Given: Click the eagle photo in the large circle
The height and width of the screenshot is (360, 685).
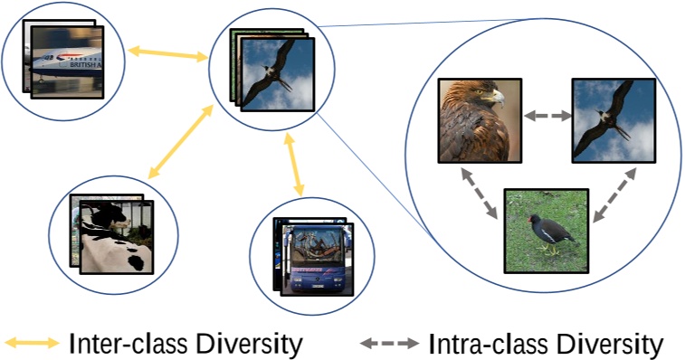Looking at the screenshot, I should pos(479,119).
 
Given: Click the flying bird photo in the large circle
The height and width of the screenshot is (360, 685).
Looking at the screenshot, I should pos(613,119).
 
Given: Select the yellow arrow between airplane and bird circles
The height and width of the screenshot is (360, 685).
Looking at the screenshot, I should pos(167,53).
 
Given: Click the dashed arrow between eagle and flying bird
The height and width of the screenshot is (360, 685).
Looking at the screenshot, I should pos(546,116).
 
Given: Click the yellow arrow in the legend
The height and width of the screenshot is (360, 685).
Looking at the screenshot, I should pos(33,343).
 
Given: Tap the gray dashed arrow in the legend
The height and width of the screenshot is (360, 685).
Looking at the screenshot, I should pos(389,343).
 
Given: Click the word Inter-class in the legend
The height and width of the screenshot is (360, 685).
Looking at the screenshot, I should pos(121,343).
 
